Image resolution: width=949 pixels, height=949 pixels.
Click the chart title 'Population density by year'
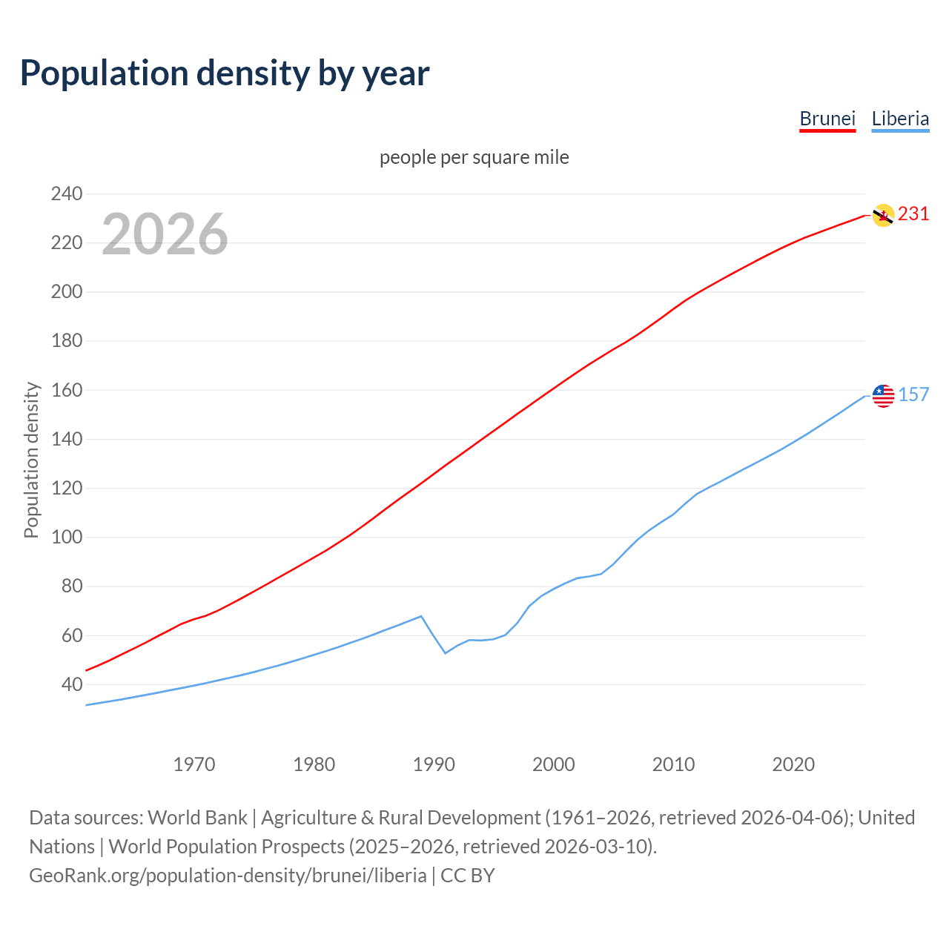(x=225, y=73)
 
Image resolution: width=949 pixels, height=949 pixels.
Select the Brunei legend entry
(x=827, y=119)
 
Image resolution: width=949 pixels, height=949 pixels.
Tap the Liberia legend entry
(x=900, y=119)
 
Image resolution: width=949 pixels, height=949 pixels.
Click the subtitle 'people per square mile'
(x=474, y=157)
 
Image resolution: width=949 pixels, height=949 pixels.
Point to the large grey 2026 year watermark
(x=165, y=234)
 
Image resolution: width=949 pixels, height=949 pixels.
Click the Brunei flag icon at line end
(x=883, y=215)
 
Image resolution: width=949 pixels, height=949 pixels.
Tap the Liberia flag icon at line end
(x=883, y=395)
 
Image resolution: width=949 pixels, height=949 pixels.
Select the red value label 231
(x=913, y=214)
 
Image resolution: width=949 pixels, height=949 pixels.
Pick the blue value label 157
(x=913, y=394)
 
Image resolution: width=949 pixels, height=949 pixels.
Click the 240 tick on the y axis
(x=67, y=194)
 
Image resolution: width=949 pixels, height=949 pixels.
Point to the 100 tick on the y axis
(x=67, y=537)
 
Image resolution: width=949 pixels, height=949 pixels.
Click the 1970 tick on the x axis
(x=194, y=764)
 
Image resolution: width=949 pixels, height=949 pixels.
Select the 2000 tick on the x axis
(x=554, y=764)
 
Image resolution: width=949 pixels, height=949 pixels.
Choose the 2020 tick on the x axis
(x=793, y=764)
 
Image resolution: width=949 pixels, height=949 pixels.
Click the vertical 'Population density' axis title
(x=31, y=460)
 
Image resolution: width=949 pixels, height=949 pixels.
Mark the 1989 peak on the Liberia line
(x=421, y=616)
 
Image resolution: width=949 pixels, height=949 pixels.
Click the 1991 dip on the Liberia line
(x=446, y=652)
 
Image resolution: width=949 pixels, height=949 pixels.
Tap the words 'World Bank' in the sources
(x=197, y=818)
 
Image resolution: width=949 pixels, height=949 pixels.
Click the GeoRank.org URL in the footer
(x=228, y=876)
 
